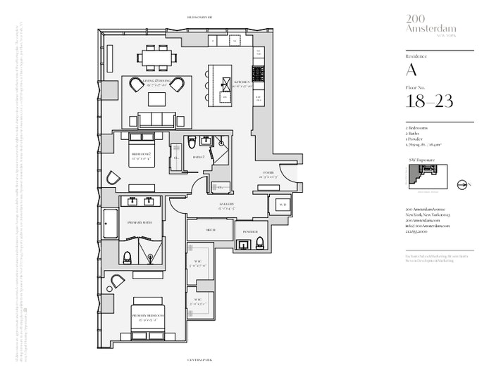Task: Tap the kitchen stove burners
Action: (258, 72)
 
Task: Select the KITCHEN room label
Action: (243, 82)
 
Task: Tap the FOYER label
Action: (268, 173)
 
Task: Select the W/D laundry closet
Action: (282, 205)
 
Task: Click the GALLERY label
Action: (226, 205)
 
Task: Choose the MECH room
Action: (210, 230)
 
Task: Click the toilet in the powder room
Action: (260, 243)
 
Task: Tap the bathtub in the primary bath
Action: (111, 224)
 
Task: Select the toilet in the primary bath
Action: (128, 257)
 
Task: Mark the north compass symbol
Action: (462, 184)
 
